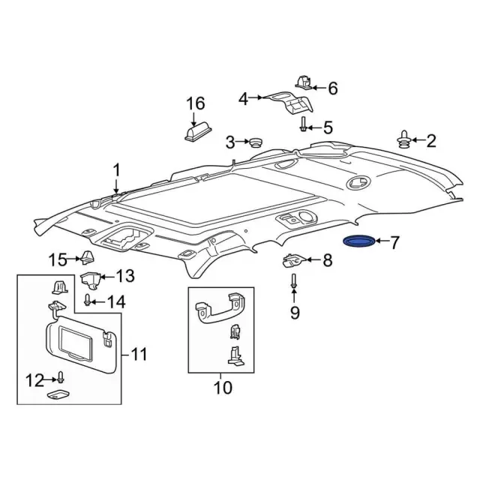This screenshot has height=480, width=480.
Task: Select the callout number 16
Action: point(195,103)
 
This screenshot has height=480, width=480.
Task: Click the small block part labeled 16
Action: point(195,132)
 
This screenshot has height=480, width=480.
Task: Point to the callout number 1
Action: point(117,171)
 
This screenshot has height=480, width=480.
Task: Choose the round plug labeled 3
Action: point(257,141)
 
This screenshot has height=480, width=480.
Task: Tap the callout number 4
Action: point(243,98)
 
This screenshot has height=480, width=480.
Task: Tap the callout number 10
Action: point(223,388)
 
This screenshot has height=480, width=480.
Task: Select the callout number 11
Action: point(139,353)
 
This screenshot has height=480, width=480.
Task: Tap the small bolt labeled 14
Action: point(88,301)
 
